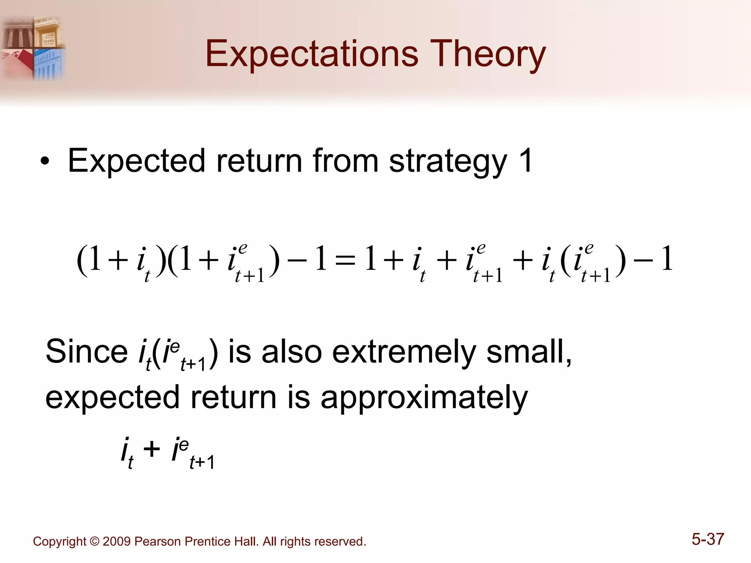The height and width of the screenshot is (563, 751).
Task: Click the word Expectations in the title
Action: [x=311, y=54]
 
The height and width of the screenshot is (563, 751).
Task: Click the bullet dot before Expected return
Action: [x=45, y=161]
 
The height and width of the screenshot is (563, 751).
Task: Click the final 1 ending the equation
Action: [x=667, y=259]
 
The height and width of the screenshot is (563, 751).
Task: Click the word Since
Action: [x=87, y=351]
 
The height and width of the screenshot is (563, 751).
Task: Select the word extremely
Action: [x=404, y=351]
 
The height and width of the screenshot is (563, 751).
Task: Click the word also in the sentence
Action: [x=292, y=351]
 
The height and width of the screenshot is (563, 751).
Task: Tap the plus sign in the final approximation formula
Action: [x=151, y=449]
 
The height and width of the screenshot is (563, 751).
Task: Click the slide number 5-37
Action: [x=708, y=539]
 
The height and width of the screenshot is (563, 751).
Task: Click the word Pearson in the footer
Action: [x=158, y=541]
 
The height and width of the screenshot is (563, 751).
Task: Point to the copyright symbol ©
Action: [x=95, y=541]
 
